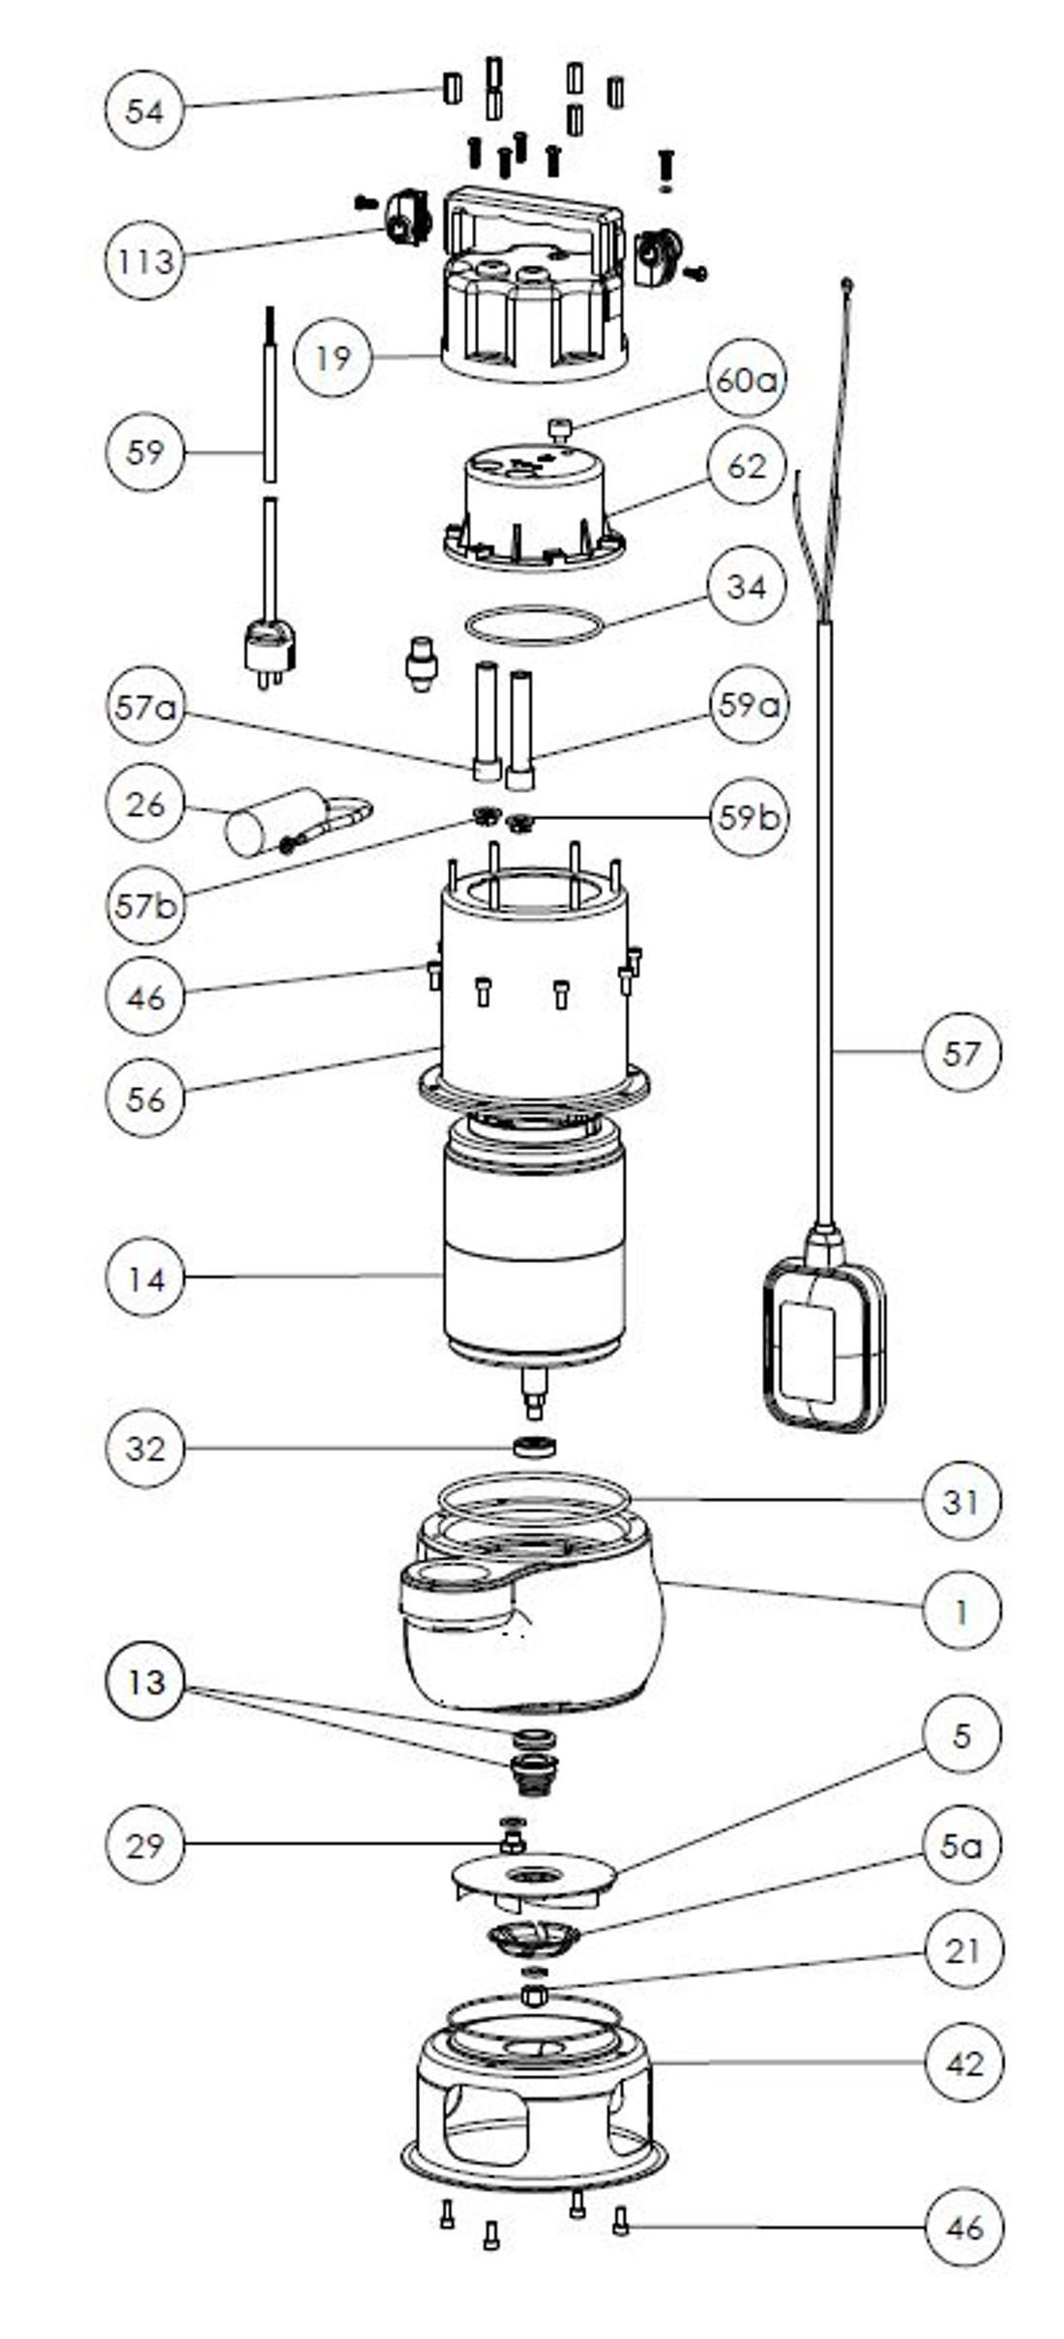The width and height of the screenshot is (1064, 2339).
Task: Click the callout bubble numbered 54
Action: pyautogui.click(x=144, y=110)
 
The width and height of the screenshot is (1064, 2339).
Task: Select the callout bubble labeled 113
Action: pyautogui.click(x=144, y=260)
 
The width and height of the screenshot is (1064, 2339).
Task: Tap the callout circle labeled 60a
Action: pyautogui.click(x=745, y=381)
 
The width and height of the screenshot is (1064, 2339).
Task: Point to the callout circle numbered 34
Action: pyautogui.click(x=745, y=586)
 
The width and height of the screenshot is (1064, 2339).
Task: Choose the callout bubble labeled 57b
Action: pyautogui.click(x=144, y=906)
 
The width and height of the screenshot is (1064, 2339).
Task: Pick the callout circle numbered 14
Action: pyautogui.click(x=144, y=1278)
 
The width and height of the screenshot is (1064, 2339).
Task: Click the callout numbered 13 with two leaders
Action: pyautogui.click(x=144, y=1682)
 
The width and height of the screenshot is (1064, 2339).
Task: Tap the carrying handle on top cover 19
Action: pyautogui.click(x=532, y=205)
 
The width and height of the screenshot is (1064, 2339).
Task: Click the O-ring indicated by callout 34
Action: pyautogui.click(x=533, y=625)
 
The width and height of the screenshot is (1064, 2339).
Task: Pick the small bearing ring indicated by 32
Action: pyautogui.click(x=534, y=1447)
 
